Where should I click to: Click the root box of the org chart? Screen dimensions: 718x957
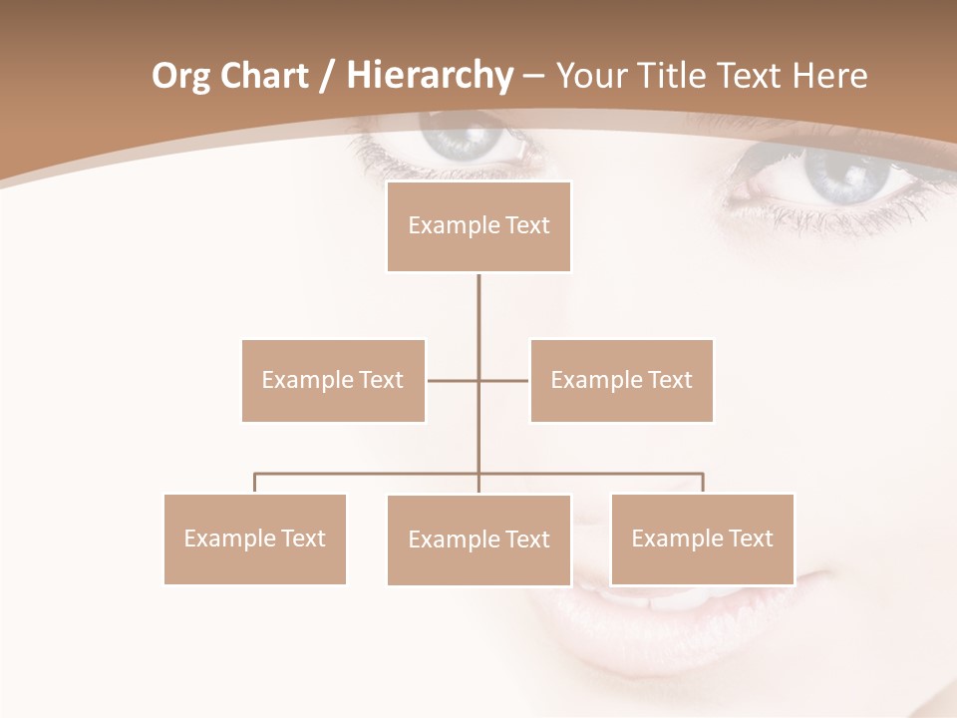(478, 226)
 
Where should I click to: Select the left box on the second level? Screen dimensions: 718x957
(333, 380)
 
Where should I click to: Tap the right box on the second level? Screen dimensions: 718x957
(621, 380)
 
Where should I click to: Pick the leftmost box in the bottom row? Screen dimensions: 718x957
(254, 538)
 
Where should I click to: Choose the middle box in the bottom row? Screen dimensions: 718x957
(478, 539)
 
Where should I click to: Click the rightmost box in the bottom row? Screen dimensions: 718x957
(702, 538)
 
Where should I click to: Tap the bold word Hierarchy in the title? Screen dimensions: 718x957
(429, 76)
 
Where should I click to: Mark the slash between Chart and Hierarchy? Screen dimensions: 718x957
(327, 77)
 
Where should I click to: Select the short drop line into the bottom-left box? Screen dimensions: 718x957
(254, 483)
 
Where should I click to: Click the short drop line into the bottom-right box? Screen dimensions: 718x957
(703, 483)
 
